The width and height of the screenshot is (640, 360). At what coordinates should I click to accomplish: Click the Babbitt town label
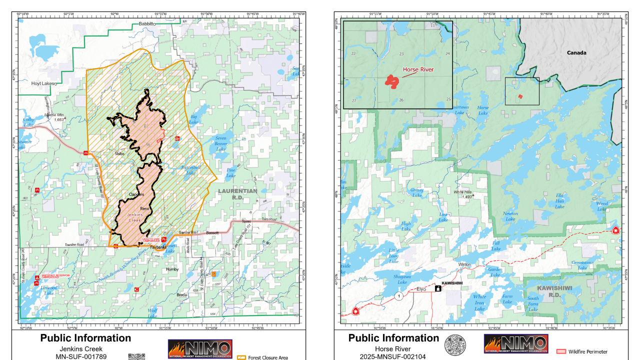[x=147, y=23]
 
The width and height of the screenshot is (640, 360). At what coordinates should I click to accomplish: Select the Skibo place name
[x=119, y=153]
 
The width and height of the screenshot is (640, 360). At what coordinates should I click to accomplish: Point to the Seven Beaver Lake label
[x=220, y=143]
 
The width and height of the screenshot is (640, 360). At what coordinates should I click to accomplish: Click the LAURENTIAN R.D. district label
[x=237, y=194]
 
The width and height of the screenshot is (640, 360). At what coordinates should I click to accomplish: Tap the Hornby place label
[x=172, y=269]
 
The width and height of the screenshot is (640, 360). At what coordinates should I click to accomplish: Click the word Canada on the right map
[x=576, y=52]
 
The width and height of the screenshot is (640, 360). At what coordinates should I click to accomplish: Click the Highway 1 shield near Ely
[x=398, y=296]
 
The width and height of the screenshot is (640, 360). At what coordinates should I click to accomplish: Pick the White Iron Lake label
[x=479, y=302]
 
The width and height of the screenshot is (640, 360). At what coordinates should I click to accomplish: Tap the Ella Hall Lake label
[x=559, y=201]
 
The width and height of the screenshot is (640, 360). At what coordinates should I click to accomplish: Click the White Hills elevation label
[x=463, y=194]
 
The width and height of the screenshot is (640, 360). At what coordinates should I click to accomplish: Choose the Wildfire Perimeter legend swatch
[x=561, y=351]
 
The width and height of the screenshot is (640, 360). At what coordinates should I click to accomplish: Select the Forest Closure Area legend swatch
[x=241, y=357]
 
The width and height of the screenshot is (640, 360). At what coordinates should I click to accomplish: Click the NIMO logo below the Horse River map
[x=515, y=344]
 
